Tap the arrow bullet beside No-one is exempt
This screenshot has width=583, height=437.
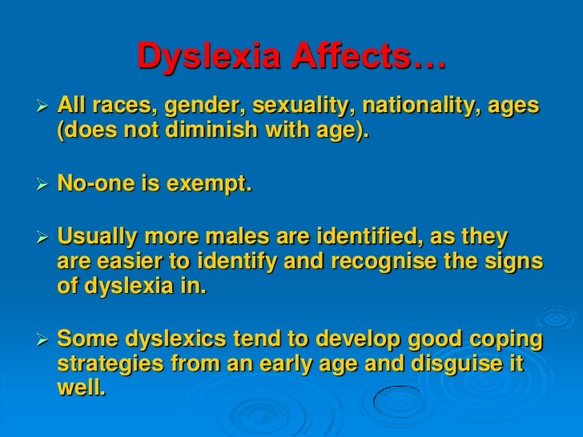point(43,186)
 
